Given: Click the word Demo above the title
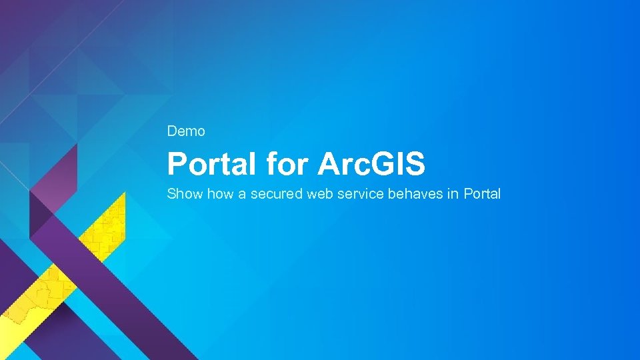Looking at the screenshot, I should pos(186,131).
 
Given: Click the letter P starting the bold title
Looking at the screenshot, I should pos(176,164).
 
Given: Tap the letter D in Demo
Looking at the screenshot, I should pos(172,131).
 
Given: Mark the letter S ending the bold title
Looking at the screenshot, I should pos(415,164).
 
